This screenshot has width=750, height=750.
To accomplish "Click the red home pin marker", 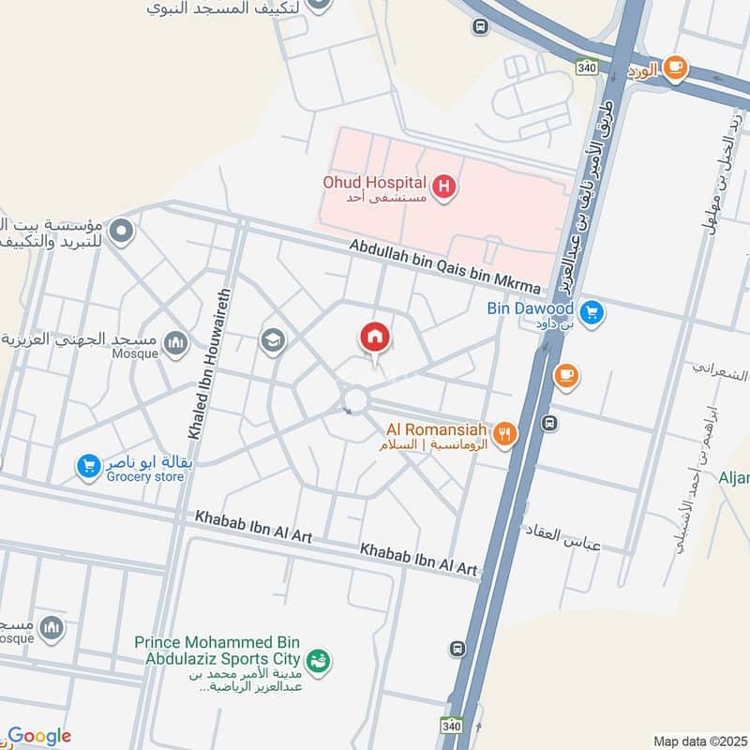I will coord(374,337).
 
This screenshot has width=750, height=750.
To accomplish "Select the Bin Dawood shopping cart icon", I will coord(591,312).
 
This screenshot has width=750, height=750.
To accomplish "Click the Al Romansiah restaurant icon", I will coord(505,434).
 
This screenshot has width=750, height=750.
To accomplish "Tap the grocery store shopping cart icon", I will coord(89,465).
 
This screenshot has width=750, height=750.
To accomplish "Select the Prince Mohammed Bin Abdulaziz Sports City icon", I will coord(319,662).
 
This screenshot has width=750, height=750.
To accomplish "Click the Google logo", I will coord(39,737).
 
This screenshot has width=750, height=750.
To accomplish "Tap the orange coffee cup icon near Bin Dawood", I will coord(565,376).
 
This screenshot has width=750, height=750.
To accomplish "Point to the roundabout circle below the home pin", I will coord(354,401).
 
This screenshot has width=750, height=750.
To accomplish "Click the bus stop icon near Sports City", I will coord(457,649).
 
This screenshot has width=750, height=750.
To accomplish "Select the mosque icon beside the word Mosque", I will coord(175,344).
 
